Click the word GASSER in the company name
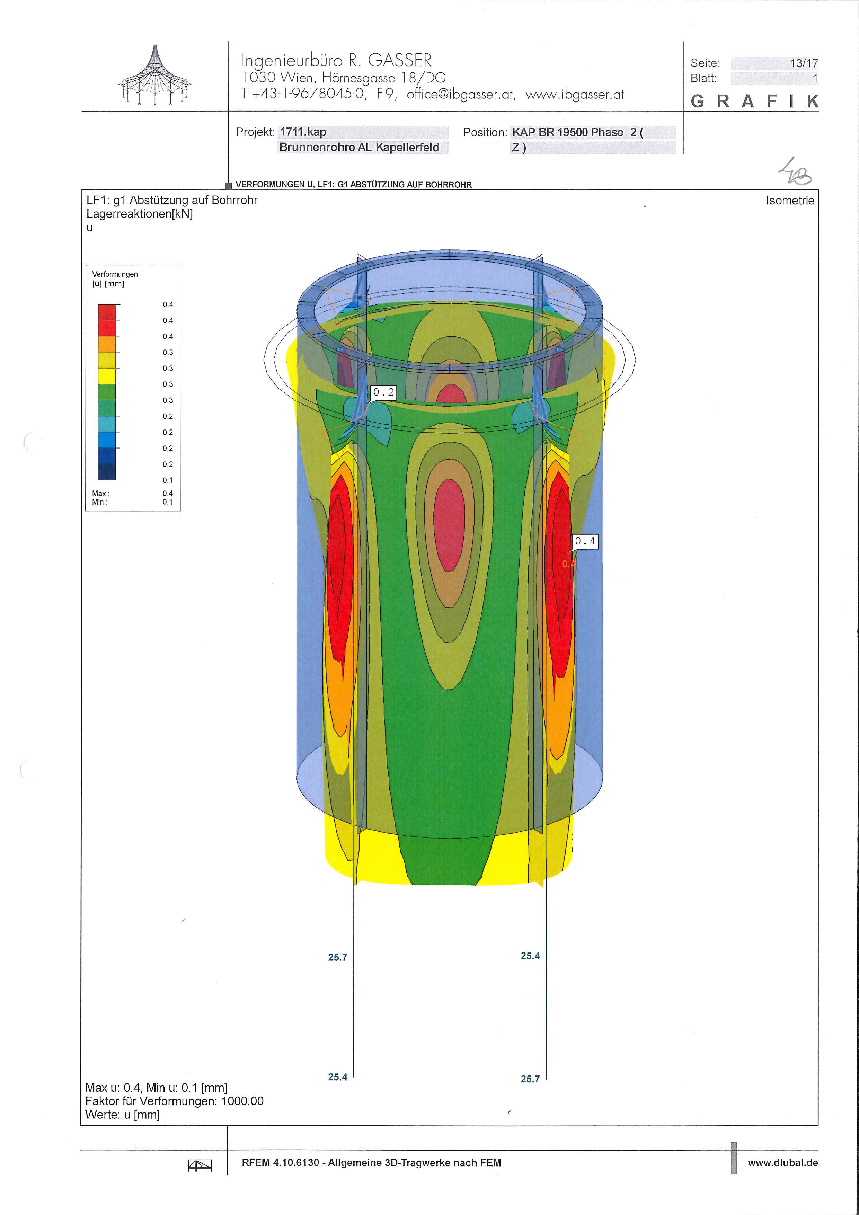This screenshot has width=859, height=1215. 400,60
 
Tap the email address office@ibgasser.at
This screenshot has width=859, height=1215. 460,95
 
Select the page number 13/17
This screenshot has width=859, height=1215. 804,63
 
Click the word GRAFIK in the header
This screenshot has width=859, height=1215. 754,101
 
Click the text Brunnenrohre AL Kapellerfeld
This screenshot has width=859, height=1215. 360,147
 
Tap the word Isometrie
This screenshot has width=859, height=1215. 790,201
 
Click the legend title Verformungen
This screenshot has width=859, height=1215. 115,274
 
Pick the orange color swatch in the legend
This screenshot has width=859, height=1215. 107,344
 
